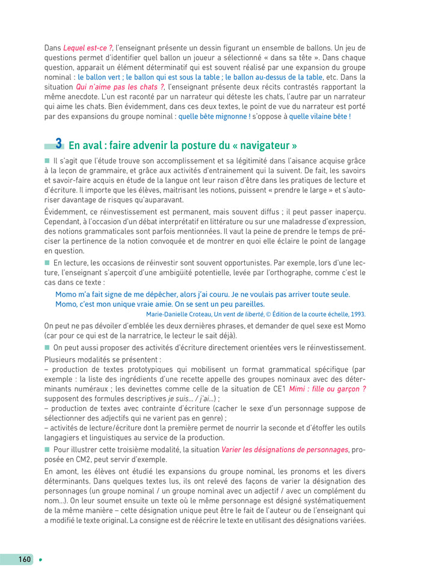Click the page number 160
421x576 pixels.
point(25,559)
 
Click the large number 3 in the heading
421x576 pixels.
point(58,144)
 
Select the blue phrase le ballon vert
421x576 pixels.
point(100,77)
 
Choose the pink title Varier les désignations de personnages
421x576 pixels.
point(284,449)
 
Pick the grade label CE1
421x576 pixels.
point(277,388)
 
